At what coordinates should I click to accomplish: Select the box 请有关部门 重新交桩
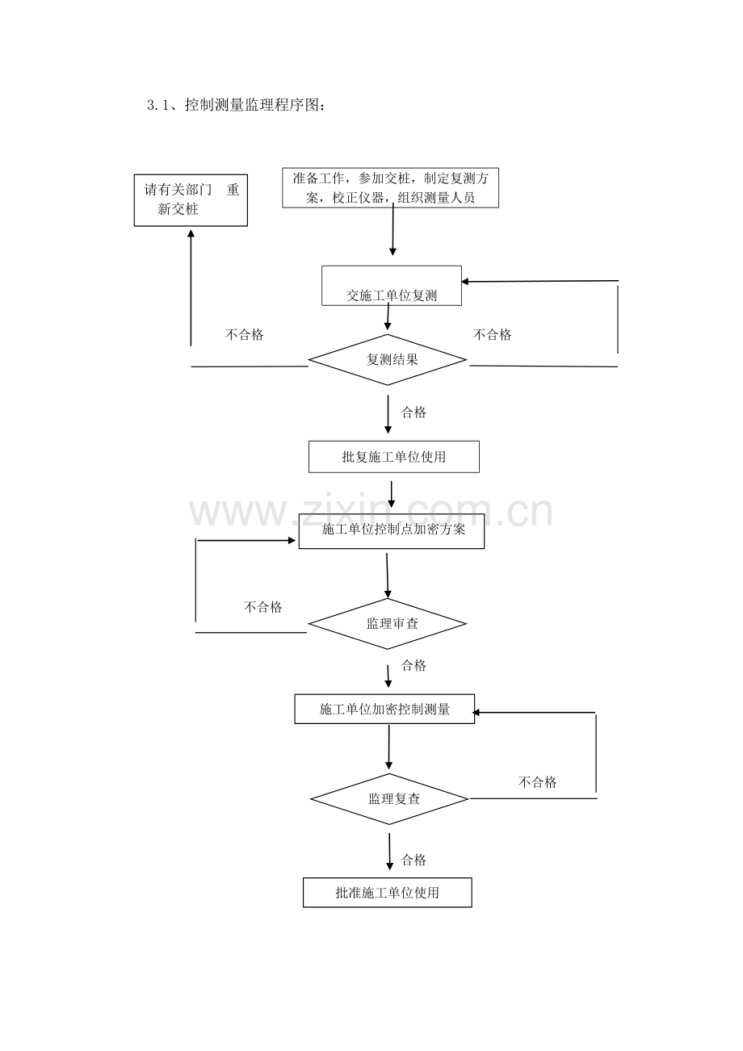191,200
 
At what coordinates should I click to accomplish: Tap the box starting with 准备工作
390,187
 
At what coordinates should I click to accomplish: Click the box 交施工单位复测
392,286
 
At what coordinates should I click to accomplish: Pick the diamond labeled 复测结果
388,360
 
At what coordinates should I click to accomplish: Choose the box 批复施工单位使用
394,457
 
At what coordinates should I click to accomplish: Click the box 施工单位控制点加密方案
392,530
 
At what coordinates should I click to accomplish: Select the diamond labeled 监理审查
388,623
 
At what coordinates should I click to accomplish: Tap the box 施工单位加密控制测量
384,709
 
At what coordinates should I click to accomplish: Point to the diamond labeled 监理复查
389,799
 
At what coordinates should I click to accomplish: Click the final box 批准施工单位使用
387,892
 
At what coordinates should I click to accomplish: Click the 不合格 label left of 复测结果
245,334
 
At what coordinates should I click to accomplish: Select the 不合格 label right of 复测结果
493,334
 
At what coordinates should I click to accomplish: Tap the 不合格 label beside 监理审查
262,607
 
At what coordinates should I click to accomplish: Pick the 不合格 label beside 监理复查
537,781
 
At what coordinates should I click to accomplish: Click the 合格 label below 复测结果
414,412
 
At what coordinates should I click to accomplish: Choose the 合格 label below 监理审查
414,665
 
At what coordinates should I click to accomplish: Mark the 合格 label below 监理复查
414,860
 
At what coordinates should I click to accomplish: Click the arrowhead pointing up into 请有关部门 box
191,233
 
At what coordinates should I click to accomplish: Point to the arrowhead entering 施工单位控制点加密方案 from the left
292,541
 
